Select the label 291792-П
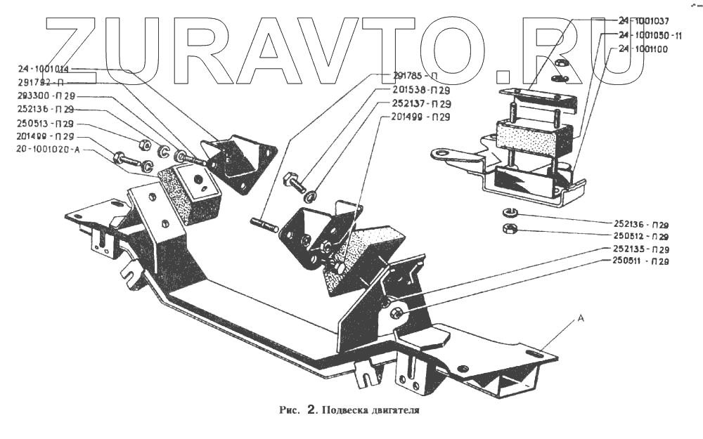[40, 82]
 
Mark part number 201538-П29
[420, 91]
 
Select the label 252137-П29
[420, 103]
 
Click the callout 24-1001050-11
[650, 34]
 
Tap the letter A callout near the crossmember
[581, 318]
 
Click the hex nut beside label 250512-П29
[510, 228]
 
